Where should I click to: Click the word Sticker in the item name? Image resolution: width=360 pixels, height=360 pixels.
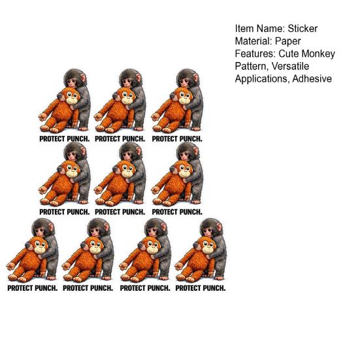pyautogui.click(x=303, y=29)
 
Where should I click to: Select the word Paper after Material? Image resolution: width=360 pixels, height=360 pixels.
pyautogui.click(x=287, y=41)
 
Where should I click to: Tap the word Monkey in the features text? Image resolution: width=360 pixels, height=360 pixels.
pyautogui.click(x=318, y=54)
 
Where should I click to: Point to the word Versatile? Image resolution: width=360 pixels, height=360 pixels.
pyautogui.click(x=290, y=67)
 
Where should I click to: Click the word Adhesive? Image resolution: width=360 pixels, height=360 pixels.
pyautogui.click(x=312, y=79)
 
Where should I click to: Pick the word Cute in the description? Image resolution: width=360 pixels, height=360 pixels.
pyautogui.click(x=289, y=54)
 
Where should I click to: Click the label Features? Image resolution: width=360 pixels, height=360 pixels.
pyautogui.click(x=255, y=54)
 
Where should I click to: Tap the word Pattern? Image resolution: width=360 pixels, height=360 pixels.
pyautogui.click(x=252, y=67)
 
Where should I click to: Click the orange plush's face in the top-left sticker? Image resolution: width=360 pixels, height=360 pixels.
pyautogui.click(x=73, y=97)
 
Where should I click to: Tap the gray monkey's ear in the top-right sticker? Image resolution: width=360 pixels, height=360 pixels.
pyautogui.click(x=196, y=78)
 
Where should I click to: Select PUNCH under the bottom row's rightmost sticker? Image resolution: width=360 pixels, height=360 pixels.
pyautogui.click(x=214, y=288)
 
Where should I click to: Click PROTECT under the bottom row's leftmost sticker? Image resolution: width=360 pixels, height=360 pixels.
pyautogui.click(x=20, y=288)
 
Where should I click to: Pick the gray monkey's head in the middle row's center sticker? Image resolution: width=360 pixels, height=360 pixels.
pyautogui.click(x=130, y=150)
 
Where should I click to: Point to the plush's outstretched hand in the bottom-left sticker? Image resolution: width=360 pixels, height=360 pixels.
pyautogui.click(x=10, y=267)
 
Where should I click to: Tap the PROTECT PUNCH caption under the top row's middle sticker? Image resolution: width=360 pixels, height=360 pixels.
pyautogui.click(x=120, y=139)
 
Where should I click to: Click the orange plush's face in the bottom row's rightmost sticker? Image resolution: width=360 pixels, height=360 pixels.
pyautogui.click(x=208, y=246)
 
